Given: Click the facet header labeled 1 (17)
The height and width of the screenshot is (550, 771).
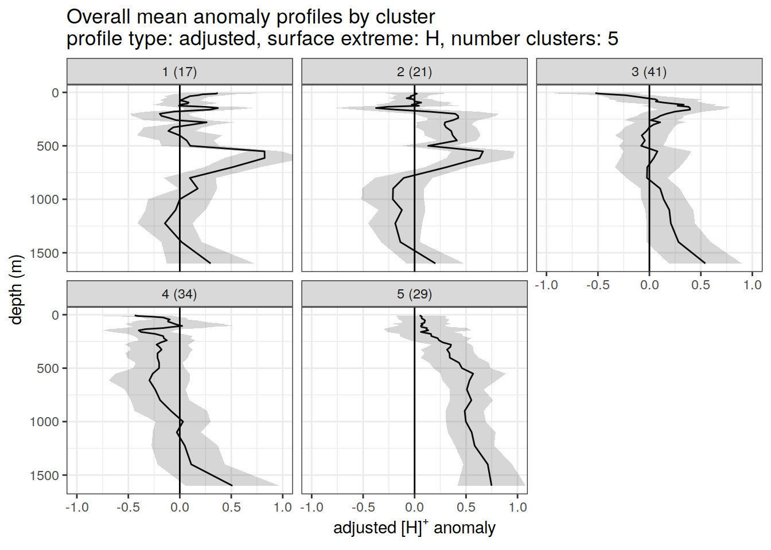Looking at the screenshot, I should coord(180,72).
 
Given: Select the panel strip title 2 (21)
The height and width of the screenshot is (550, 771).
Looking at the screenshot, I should coord(414,72).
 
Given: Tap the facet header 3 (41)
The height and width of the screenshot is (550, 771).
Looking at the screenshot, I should coord(649,72).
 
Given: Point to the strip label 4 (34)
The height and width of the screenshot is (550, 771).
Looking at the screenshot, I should coord(180,294).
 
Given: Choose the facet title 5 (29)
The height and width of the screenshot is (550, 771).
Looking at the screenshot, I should coord(414,294).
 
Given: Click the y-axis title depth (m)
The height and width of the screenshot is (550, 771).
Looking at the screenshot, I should coord(16,289).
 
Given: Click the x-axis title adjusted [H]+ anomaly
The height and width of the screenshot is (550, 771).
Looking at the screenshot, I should coord(414,528).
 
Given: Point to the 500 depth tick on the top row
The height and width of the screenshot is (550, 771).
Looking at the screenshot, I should coord(48,146).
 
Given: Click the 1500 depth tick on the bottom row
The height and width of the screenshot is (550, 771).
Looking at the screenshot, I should coord(45,476).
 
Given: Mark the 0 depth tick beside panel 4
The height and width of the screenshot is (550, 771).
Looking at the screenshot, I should coord(56,315).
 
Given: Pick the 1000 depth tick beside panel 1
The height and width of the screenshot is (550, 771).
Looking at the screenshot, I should coord(45,199).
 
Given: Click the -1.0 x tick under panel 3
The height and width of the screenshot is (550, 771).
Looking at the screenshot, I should coord(546,285).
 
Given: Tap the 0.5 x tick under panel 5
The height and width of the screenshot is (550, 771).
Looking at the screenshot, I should coord(466,507).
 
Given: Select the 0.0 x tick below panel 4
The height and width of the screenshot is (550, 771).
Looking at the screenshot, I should coord(180,507).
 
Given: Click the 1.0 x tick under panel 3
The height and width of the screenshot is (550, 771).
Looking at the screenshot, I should coord(752,285).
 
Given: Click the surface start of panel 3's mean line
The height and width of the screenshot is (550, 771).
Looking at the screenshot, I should coord(597,93).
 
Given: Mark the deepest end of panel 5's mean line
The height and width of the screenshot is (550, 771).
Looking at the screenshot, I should coord(491,485).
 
